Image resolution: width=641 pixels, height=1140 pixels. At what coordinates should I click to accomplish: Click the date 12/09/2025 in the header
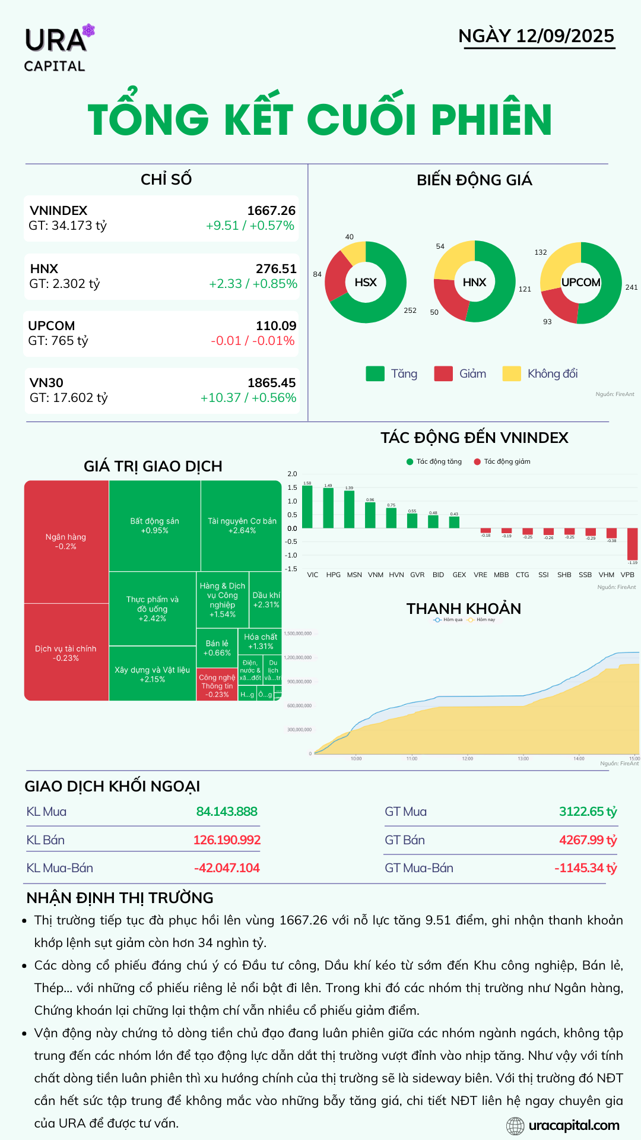click(564, 36)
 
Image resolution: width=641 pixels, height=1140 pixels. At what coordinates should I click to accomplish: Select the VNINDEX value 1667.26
click(271, 211)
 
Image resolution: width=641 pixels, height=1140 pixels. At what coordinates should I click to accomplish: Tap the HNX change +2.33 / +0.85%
click(253, 284)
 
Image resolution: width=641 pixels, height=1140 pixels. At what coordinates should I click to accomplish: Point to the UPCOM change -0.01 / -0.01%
click(253, 341)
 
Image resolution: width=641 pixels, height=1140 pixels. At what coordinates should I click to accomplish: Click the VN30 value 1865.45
click(271, 383)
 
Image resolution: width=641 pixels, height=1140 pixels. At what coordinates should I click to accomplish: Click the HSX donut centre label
click(366, 283)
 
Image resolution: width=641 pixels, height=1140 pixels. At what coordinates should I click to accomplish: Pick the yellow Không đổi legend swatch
click(512, 373)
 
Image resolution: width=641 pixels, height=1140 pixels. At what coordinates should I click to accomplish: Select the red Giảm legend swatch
click(443, 373)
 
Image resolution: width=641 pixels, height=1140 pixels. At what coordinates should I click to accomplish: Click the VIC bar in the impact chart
click(307, 507)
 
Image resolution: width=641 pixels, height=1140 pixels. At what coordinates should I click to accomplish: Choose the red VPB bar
click(632, 544)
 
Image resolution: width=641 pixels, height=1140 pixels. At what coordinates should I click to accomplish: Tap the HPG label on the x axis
click(334, 575)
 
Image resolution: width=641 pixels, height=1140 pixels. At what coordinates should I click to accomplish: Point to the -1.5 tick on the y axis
click(292, 569)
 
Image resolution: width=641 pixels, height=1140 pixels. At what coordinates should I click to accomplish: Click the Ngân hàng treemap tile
click(66, 541)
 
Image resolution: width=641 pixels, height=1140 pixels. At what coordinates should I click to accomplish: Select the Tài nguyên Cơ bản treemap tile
click(242, 525)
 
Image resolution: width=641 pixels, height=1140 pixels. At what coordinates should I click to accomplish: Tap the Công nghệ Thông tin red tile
click(217, 686)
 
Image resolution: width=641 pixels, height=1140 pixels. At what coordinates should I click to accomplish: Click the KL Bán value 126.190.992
click(227, 840)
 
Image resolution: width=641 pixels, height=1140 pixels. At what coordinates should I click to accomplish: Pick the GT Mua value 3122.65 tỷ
click(588, 812)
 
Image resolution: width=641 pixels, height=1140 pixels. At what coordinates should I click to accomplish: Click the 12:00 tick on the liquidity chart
click(468, 758)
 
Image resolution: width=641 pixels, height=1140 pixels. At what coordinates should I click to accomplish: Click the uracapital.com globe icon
click(515, 1125)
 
